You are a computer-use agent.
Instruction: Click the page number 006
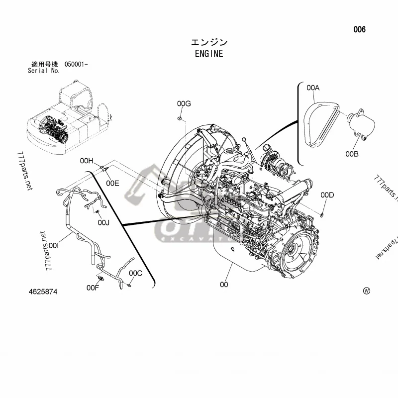tap(359, 30)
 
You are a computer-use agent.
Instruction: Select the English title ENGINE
tap(209, 54)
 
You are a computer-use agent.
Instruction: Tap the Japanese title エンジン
tap(209, 43)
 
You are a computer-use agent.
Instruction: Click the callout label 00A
tap(313, 88)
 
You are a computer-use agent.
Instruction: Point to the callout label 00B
tap(352, 154)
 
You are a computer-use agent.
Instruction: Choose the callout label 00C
tap(136, 273)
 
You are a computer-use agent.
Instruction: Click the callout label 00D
tap(327, 195)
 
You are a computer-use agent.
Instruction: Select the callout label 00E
tap(112, 183)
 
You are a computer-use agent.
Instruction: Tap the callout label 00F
tap(93, 288)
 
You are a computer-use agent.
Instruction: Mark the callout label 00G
tap(184, 103)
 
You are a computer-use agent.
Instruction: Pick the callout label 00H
tap(87, 161)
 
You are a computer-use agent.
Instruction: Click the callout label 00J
tap(103, 222)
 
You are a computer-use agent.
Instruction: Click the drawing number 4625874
tap(43, 292)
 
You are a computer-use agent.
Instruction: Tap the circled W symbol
tap(367, 291)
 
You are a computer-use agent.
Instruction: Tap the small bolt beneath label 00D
tap(322, 214)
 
